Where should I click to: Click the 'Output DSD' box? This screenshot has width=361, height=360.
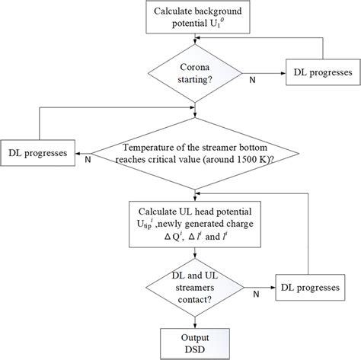click(196, 343)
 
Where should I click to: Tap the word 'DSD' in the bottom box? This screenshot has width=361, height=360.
click(196, 350)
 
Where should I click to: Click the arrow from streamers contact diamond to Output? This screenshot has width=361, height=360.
click(196, 321)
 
